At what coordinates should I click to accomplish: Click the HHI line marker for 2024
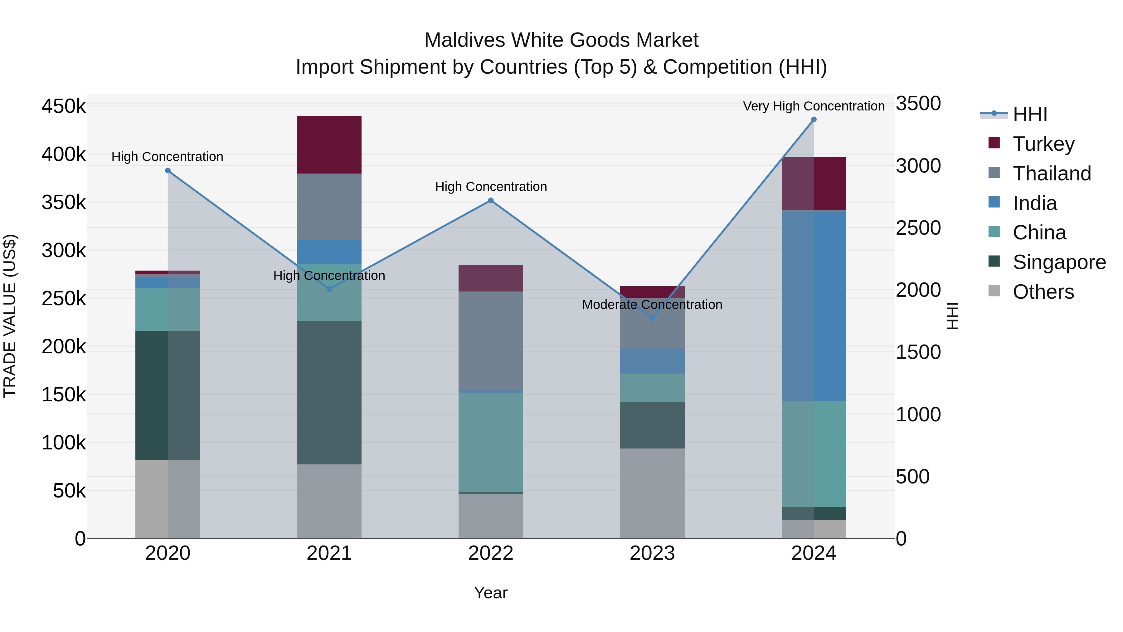click(x=814, y=120)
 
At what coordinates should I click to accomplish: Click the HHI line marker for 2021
click(x=329, y=289)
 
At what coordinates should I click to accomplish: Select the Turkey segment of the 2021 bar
click(x=329, y=145)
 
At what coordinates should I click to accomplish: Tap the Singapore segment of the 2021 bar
click(x=329, y=393)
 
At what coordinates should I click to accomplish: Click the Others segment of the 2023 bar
click(x=652, y=493)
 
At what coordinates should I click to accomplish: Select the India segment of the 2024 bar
click(x=814, y=305)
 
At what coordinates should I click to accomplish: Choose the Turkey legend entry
click(x=1043, y=144)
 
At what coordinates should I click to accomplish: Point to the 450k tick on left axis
click(x=64, y=106)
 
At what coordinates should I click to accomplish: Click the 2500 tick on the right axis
click(x=918, y=228)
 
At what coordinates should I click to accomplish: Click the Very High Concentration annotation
click(x=814, y=106)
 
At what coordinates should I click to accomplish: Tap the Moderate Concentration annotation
click(x=652, y=304)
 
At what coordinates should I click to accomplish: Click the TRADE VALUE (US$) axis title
click(x=10, y=316)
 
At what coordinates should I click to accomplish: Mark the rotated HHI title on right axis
click(x=953, y=316)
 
